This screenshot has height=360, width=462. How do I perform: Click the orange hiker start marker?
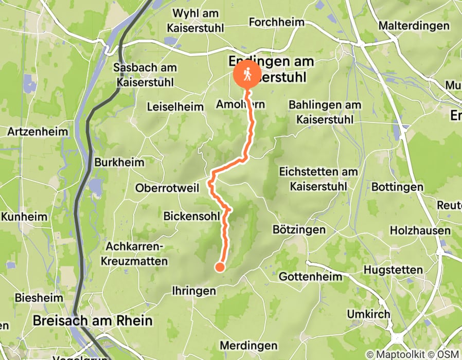point(247,75)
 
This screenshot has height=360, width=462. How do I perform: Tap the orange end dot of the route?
point(220,266)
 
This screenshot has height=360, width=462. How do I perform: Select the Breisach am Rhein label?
point(93,321)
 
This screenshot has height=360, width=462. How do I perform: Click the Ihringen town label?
point(193,291)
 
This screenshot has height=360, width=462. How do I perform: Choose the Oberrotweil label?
point(167,188)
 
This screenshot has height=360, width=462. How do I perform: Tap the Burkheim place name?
point(119,162)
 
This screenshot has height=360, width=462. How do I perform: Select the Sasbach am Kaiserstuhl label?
point(145,75)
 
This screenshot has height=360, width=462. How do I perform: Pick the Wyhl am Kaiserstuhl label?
point(195,20)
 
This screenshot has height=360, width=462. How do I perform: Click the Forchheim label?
point(276,22)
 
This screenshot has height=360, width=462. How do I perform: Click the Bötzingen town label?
point(299,230)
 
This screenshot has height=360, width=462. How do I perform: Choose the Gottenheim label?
point(310,277)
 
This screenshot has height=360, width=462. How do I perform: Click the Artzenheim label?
point(38,131)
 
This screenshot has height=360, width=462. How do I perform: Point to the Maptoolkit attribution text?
point(390,355)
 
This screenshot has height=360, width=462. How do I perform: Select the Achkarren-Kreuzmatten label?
point(137,254)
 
